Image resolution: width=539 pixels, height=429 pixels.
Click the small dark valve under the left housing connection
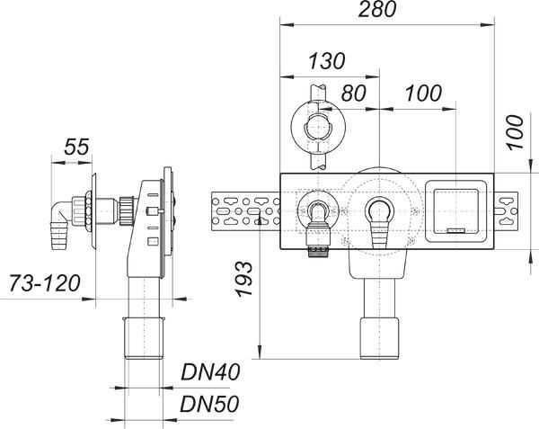pos(316,242)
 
